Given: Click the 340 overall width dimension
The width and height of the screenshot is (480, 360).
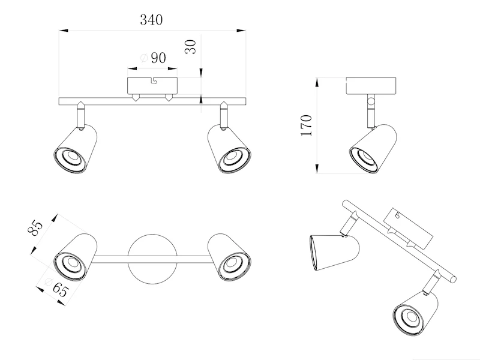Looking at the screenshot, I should [x=151, y=19].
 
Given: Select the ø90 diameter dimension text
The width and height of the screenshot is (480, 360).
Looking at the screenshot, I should [x=153, y=58].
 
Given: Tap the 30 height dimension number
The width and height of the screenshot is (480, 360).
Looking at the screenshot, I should [x=191, y=47].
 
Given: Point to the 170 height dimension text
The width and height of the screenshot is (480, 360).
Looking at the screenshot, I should [x=307, y=125].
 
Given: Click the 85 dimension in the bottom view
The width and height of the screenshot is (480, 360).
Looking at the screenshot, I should [x=35, y=230].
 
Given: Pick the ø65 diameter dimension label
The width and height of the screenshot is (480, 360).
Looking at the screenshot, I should [x=55, y=289].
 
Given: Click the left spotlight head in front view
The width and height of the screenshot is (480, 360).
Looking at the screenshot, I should [x=74, y=150].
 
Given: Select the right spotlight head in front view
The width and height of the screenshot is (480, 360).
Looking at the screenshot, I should [x=230, y=150].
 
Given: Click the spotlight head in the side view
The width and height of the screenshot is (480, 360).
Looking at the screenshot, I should [x=373, y=150].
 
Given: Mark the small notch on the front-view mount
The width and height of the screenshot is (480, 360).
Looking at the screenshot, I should [x=154, y=79].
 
